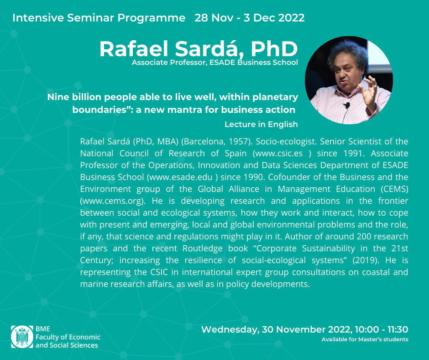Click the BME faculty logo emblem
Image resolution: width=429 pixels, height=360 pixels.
[x=22, y=337]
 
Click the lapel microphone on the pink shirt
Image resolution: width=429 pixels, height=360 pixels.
[x=347, y=105]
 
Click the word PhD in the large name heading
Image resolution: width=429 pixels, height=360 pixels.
[x=274, y=49]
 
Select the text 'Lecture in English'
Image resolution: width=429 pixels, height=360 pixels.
[x=261, y=124]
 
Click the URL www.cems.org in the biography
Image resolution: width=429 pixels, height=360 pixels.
[x=112, y=201]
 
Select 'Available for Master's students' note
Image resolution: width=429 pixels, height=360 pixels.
[x=365, y=339]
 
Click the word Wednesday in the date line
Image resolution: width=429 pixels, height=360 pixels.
[x=229, y=329]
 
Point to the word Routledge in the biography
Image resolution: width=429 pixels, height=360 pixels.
[x=203, y=249]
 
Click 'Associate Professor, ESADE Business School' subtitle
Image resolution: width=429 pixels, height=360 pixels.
[x=215, y=63]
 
